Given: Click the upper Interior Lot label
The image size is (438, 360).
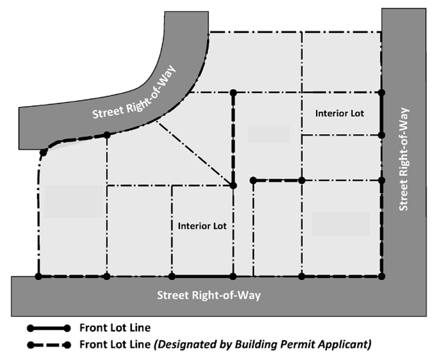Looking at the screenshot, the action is coord(339,113).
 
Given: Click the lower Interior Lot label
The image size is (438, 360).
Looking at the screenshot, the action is coord(202,226).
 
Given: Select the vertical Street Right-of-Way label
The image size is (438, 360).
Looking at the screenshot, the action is coord(403,159).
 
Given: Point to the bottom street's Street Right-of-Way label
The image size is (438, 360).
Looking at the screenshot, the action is coord(209,295).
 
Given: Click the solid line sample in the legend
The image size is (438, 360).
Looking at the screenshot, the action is coord(49,328).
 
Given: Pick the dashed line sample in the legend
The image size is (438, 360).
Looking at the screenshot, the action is coord(49,345).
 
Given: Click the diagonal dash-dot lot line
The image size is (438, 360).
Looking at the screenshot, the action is coord(195,153).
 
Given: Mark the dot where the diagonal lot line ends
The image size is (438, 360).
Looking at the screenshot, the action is coord(233,185).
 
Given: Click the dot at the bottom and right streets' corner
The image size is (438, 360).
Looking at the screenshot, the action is coord(382,276).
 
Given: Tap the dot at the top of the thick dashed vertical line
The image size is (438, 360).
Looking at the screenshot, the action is coord(233,93).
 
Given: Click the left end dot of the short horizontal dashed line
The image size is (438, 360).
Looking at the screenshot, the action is coord(253,180).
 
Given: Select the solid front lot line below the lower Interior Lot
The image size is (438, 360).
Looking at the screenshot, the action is coord(203,276).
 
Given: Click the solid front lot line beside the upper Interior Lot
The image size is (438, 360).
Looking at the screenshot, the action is coord(382,114).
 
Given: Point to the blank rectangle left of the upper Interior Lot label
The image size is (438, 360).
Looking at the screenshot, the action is coord(268,134).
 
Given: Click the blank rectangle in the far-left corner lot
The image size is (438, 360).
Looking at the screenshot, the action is coord(74,202).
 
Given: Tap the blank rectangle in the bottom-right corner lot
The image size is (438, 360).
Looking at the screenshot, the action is coord(340,224).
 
